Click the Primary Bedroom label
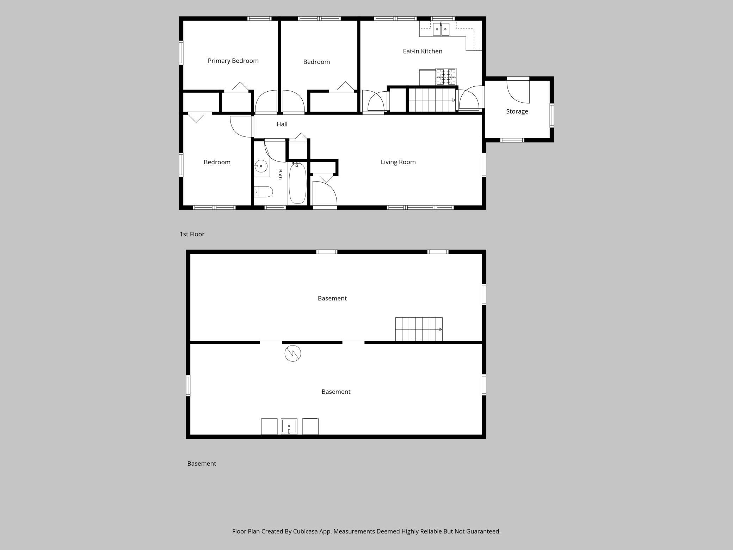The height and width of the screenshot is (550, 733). (233, 61)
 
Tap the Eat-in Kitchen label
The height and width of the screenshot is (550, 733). (423, 51)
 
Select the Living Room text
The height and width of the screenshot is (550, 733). (398, 162)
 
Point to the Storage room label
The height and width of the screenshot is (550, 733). (517, 111)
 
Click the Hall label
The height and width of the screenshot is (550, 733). (282, 124)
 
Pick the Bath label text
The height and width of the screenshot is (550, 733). (280, 174)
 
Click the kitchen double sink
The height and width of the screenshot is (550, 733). (441, 29)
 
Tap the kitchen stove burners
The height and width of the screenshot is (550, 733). (446, 77)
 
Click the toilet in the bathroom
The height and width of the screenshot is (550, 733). (263, 192)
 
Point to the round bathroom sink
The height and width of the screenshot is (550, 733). (261, 166)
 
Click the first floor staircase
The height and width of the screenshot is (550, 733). (432, 100)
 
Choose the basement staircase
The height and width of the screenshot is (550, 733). (419, 329)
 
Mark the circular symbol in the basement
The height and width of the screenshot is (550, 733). (293, 353)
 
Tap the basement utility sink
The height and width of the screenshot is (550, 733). (289, 427)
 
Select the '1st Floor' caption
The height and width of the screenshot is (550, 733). (192, 234)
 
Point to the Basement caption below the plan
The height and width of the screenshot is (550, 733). (202, 464)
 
